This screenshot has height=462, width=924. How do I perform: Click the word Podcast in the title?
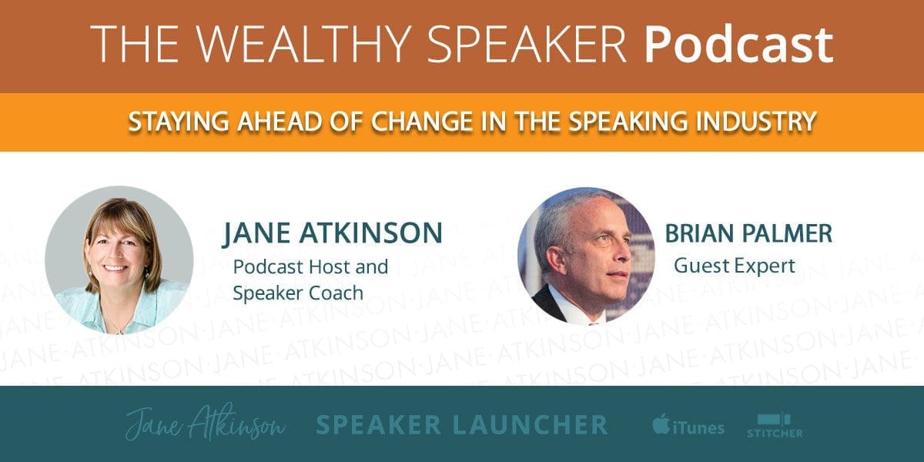pos(738,45)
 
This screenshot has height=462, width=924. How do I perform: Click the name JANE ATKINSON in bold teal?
pos(333,233)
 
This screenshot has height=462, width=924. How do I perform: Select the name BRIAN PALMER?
pos(748,233)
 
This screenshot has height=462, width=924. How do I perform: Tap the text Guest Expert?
pos(735,266)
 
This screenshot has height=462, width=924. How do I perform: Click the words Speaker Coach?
pos(298,293)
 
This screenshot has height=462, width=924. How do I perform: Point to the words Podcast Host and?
pos(310,266)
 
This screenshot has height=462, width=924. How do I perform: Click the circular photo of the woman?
pos(119,260)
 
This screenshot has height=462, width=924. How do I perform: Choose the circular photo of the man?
pos(586,256)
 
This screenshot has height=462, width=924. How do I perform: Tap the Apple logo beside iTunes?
pos(661,423)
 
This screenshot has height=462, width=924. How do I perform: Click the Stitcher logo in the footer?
pos(775,426)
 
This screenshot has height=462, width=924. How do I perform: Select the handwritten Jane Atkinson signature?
pos(205,423)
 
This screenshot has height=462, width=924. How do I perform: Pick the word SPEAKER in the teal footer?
pos(378,425)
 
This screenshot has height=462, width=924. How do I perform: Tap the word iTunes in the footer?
pos(698,428)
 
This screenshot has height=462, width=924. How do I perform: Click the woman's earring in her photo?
pos(147,273)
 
